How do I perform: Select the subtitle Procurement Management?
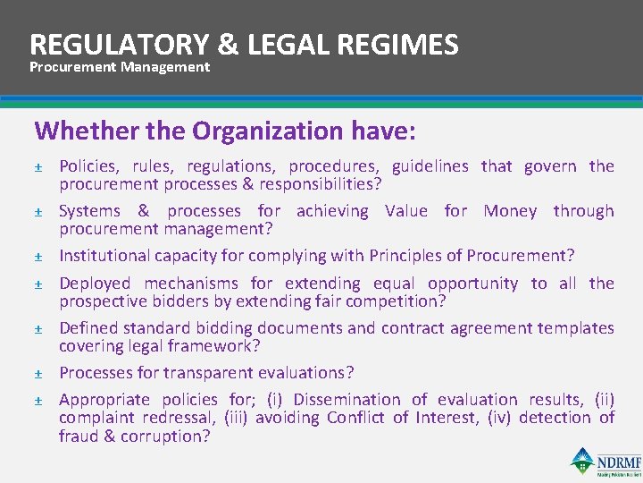pyautogui.click(x=120, y=67)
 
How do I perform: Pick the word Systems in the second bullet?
pyautogui.click(x=89, y=211)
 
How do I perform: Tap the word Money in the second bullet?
pyautogui.click(x=513, y=211)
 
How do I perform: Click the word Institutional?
pyautogui.click(x=104, y=256)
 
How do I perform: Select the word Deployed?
pyautogui.click(x=95, y=284)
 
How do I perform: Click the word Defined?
pyautogui.click(x=88, y=328)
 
